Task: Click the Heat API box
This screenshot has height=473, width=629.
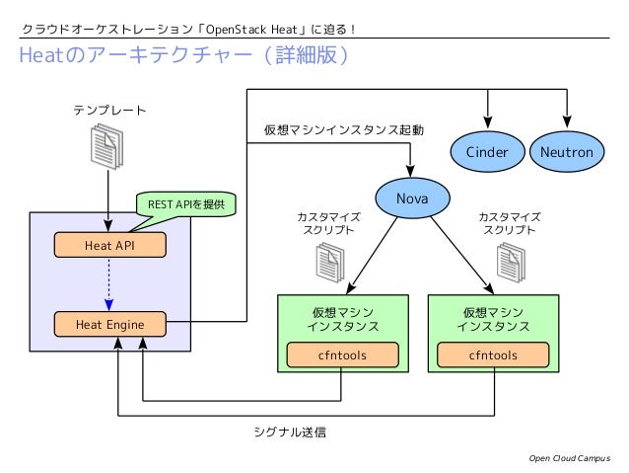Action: (109, 244)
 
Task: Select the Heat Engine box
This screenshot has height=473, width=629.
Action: (109, 323)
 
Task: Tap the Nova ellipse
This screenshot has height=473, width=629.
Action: (411, 198)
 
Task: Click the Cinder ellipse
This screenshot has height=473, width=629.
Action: (487, 152)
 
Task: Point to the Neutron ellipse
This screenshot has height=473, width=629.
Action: (567, 152)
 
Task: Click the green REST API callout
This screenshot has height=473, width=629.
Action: (186, 204)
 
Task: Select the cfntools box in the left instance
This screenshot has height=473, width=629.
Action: (342, 355)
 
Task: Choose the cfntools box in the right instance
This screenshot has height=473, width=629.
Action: (493, 355)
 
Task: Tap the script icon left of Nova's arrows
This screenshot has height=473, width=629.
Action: (328, 262)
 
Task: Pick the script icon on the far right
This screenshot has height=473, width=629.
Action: (510, 262)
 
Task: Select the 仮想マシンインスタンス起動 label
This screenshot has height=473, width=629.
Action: (344, 130)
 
